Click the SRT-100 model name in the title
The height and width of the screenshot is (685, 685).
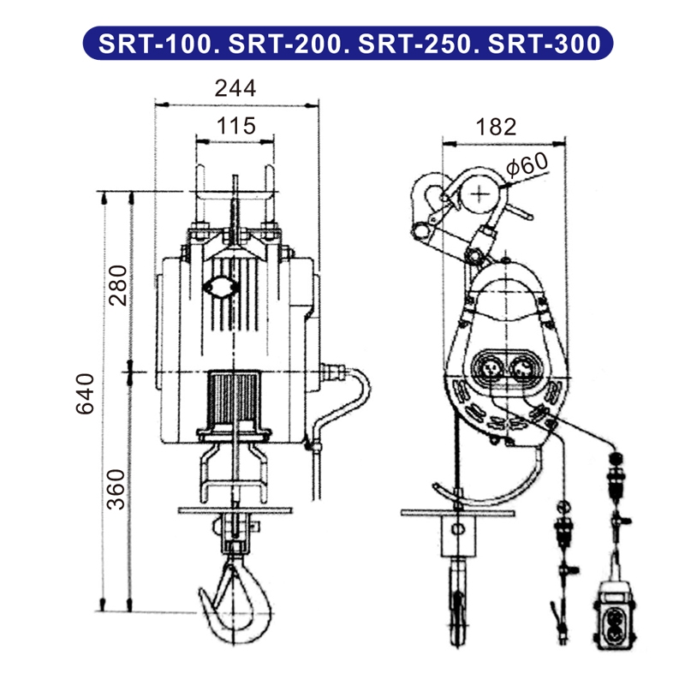click(152, 43)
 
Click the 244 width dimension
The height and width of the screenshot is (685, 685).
click(235, 87)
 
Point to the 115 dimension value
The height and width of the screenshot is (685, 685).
click(235, 126)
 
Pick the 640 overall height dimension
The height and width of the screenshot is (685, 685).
click(86, 394)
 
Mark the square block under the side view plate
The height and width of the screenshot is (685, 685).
click(459, 536)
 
